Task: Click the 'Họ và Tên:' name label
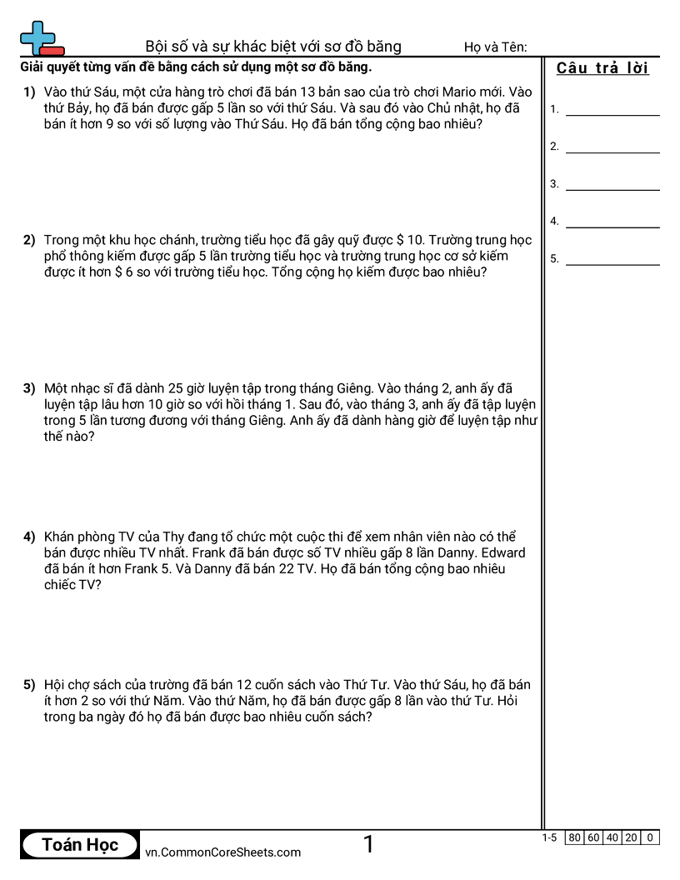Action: tap(495, 47)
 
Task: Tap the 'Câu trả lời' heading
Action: tap(602, 68)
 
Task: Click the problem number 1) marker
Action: tap(29, 92)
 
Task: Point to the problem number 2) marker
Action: tap(29, 240)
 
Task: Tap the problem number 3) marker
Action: tap(29, 388)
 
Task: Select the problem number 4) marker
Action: tap(29, 537)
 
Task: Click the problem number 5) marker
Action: tap(29, 685)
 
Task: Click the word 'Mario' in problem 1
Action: tap(460, 92)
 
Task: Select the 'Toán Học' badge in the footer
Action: tap(80, 845)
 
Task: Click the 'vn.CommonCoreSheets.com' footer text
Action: tap(222, 852)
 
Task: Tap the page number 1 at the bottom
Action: tap(368, 845)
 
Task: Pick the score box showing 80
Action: tap(574, 837)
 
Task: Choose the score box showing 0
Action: tap(650, 837)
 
